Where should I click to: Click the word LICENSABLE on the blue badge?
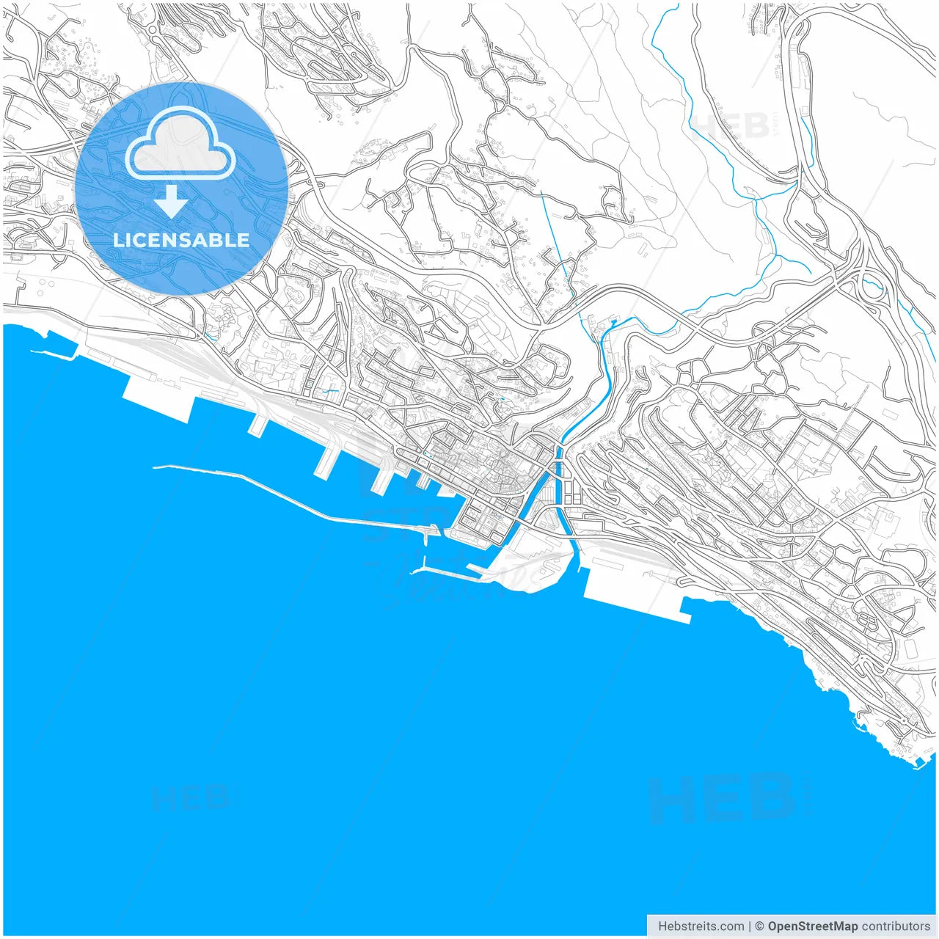click(x=181, y=240)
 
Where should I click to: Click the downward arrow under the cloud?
click(x=172, y=201)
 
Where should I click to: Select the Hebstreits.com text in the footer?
click(x=701, y=926)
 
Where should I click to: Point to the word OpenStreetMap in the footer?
click(x=812, y=926)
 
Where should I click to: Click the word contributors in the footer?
click(x=896, y=926)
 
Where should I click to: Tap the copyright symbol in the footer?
click(x=760, y=926)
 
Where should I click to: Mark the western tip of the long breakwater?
click(x=155, y=466)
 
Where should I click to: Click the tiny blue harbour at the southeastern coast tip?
click(x=918, y=763)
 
